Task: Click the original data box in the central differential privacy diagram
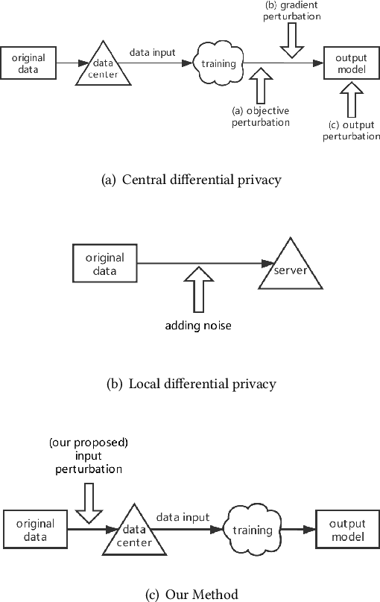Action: coord(28,63)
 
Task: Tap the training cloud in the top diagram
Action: coord(218,63)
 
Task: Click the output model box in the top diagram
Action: coord(347,63)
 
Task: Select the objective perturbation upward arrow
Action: coord(260,86)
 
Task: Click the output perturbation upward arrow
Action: coord(348,99)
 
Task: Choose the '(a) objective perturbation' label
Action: coord(260,117)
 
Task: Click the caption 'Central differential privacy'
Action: coord(189,179)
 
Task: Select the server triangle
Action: coord(291,268)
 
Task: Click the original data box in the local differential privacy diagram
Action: coord(105,263)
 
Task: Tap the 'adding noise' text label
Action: coord(197,326)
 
